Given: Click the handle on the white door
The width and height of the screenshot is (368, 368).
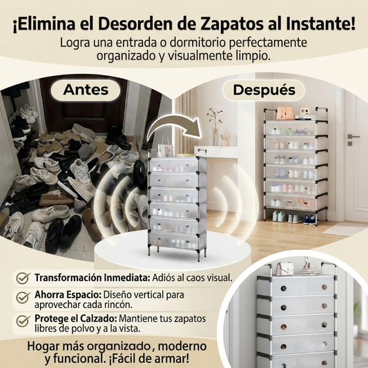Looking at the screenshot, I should point(350,136).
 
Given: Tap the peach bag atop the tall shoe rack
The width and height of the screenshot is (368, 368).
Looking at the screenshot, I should point(285,113).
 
